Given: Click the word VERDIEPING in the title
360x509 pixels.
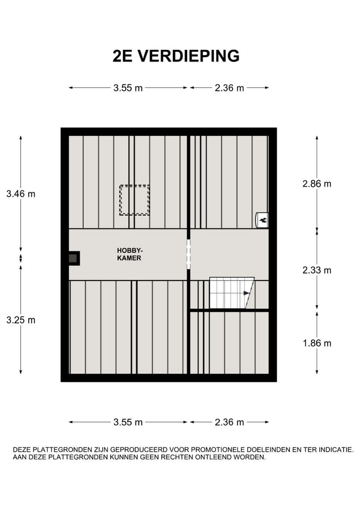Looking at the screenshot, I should pos(189,56).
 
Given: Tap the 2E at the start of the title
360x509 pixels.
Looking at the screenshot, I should pos(124,56).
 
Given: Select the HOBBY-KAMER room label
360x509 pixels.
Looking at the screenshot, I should pos(130,254).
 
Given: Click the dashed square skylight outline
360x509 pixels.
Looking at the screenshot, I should pos(134,200).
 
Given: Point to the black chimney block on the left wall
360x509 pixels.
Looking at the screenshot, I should pos(73,258).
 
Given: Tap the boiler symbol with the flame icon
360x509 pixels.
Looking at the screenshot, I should pos(262,219).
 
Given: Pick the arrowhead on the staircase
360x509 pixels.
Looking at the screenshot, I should pos(247,293).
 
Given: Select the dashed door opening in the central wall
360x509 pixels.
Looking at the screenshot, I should pos(188,254).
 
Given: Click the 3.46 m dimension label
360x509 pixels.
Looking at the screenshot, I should pos(21,194).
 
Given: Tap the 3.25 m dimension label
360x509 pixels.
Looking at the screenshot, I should pos(21,320).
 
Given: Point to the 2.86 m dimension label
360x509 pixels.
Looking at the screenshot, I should pos(317,184).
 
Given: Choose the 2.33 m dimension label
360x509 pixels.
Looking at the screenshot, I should pos(317,270).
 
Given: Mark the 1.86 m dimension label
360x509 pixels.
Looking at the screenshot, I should pos(317,343).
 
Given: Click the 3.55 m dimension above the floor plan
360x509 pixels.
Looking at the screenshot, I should pos(128,88).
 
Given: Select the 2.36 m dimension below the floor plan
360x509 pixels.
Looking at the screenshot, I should pos(229,423).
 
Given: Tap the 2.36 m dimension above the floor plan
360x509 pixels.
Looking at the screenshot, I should pos(229,88).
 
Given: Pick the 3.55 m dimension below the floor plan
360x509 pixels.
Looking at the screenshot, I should pos(128,423).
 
